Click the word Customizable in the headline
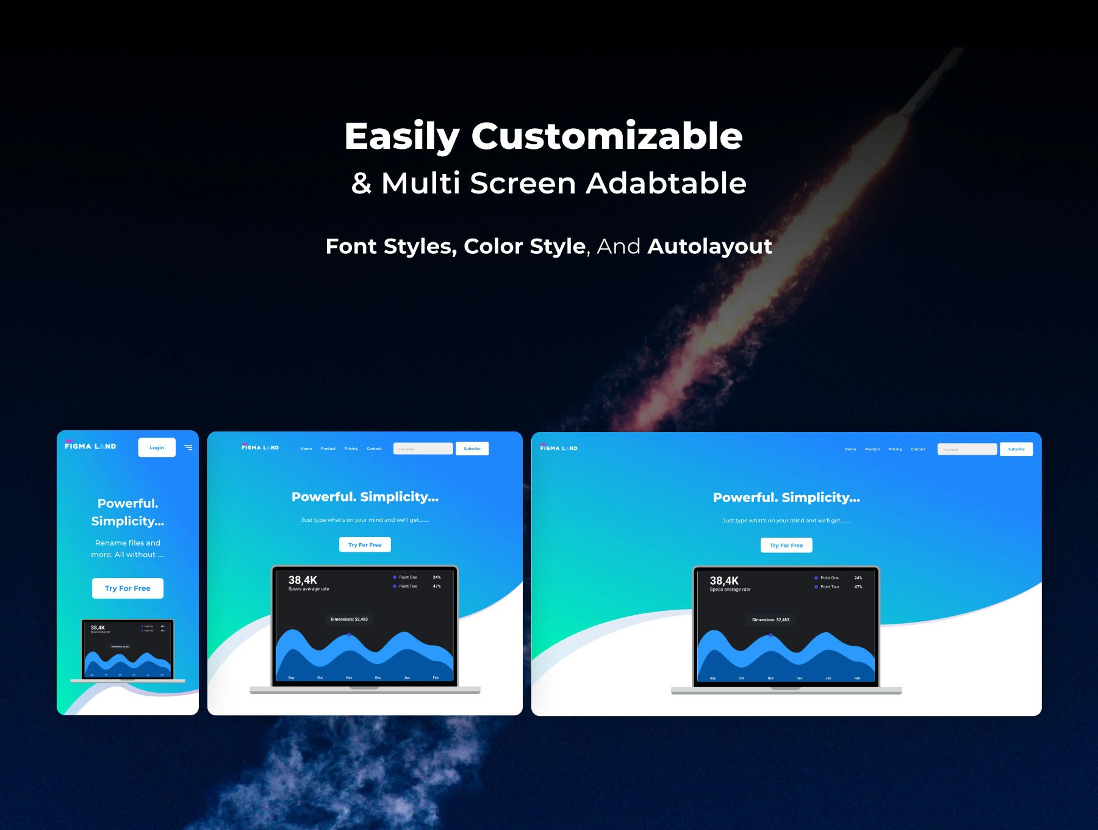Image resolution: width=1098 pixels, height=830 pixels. pos(606,136)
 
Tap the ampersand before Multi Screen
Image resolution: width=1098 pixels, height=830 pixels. pos(361,183)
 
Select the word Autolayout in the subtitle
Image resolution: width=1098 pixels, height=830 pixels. pos(709,247)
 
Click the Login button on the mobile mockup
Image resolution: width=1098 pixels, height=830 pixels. pos(157,447)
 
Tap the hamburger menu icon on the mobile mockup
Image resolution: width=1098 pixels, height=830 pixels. pos(188,447)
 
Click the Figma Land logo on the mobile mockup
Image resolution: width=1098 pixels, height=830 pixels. pos(90,446)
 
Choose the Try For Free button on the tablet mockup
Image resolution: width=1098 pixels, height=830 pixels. pos(365,544)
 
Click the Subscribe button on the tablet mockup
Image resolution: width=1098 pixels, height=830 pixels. pos(472,449)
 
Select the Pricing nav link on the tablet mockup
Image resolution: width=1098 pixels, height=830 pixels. pos(351,449)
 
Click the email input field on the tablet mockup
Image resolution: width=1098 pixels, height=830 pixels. pos(423,449)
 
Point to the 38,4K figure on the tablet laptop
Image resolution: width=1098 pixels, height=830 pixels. pos(303,580)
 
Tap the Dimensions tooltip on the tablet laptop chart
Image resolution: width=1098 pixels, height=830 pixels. pos(349,619)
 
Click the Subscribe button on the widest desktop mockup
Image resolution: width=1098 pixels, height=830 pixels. pos(1016,449)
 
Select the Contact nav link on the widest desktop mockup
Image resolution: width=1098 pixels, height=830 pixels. pos(918,449)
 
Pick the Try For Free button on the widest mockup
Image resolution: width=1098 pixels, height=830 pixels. pos(786,545)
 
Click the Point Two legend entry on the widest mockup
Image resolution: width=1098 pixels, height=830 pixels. pos(829,586)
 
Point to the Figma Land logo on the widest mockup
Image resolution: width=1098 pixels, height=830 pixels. pos(559,448)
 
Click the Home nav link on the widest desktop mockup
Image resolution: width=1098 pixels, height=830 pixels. pos(850,449)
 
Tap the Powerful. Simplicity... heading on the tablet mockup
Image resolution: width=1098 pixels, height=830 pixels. pos(365,497)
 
